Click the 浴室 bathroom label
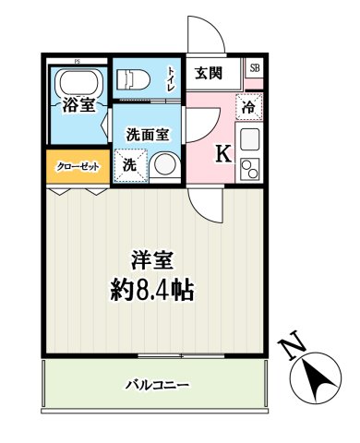[78, 104]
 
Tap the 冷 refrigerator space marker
[248, 106]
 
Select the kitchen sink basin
[249, 140]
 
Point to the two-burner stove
[249, 168]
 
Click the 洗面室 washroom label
[148, 134]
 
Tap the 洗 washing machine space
[130, 165]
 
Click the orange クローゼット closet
[77, 166]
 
